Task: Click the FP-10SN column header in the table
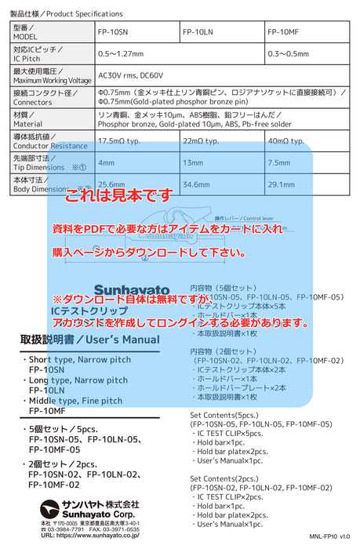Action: [x=114, y=32]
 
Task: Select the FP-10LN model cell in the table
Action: [x=198, y=32]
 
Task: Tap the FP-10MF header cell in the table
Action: [x=283, y=32]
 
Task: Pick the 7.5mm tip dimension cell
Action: [x=280, y=162]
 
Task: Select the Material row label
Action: [x=28, y=123]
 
